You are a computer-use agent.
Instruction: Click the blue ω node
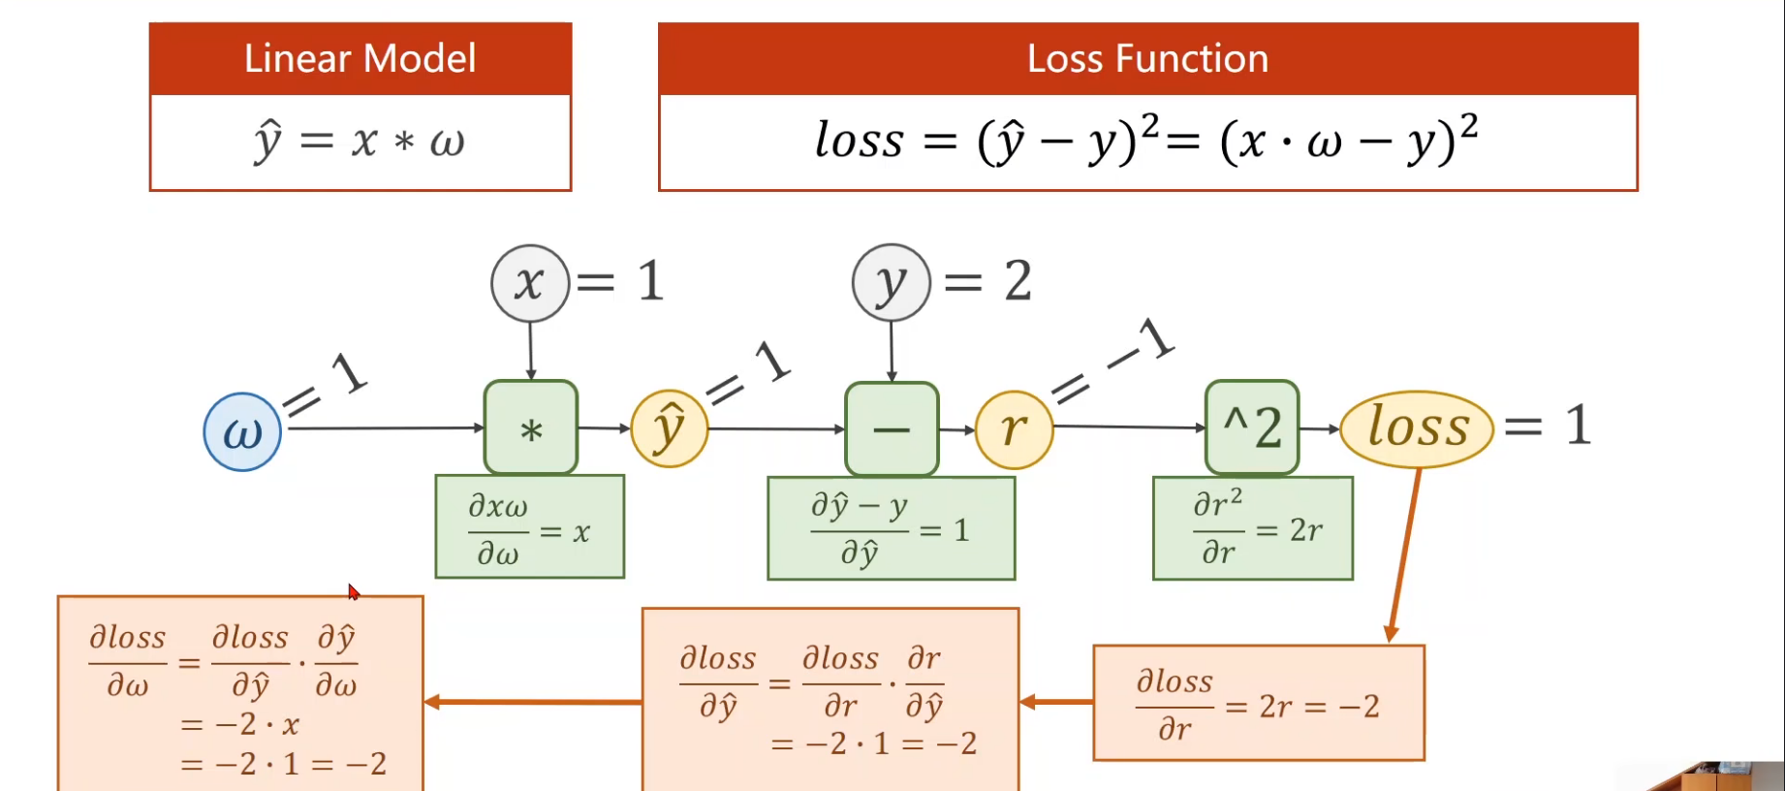point(242,432)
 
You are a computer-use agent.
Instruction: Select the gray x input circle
point(529,283)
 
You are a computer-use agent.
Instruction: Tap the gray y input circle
point(891,283)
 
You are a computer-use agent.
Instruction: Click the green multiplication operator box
point(531,427)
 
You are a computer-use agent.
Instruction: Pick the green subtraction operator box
point(892,428)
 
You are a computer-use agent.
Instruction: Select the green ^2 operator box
point(1252,427)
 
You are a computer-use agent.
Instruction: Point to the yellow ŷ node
point(670,428)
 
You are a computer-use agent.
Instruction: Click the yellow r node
point(1014,428)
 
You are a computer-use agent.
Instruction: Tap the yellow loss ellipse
point(1417,428)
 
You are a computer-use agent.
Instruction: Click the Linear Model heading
point(360,59)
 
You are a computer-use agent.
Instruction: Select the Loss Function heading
point(1147,59)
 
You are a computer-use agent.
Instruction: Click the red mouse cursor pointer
point(354,591)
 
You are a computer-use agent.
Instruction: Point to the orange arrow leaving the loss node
point(1405,553)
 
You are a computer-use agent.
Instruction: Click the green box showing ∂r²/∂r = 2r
point(1252,528)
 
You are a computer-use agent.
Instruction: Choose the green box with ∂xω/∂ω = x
point(529,526)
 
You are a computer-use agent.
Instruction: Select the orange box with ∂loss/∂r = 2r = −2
point(1258,703)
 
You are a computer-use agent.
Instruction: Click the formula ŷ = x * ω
point(360,142)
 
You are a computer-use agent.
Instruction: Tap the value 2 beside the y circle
point(1018,281)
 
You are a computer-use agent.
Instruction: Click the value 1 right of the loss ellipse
point(1578,426)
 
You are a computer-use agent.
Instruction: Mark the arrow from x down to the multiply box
point(530,351)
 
